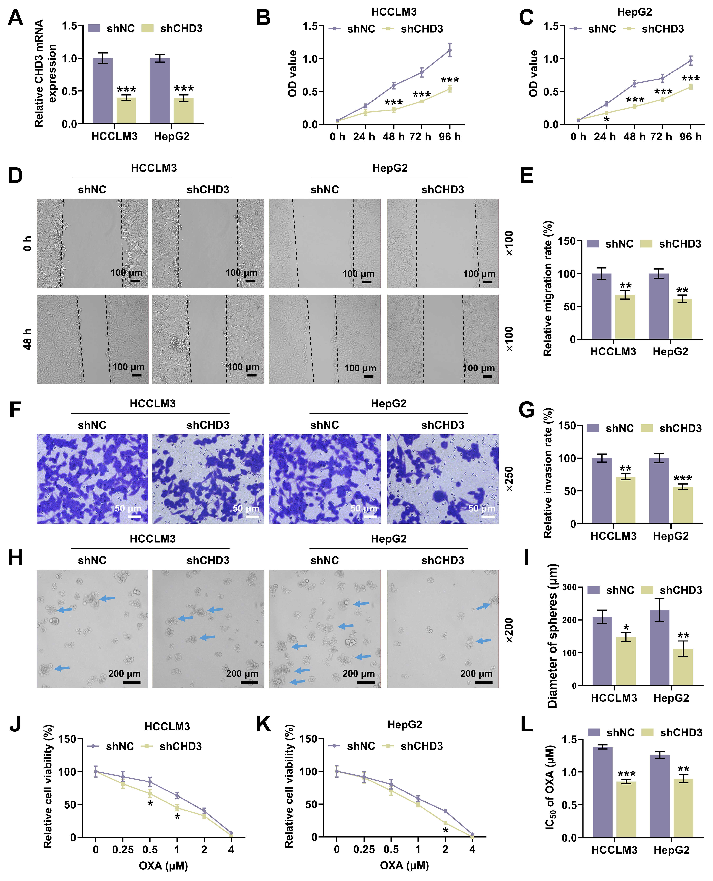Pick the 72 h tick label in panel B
pos(421,137)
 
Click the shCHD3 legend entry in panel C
pos(662,29)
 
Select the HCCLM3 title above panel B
pos(394,12)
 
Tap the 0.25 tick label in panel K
pos(364,849)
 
